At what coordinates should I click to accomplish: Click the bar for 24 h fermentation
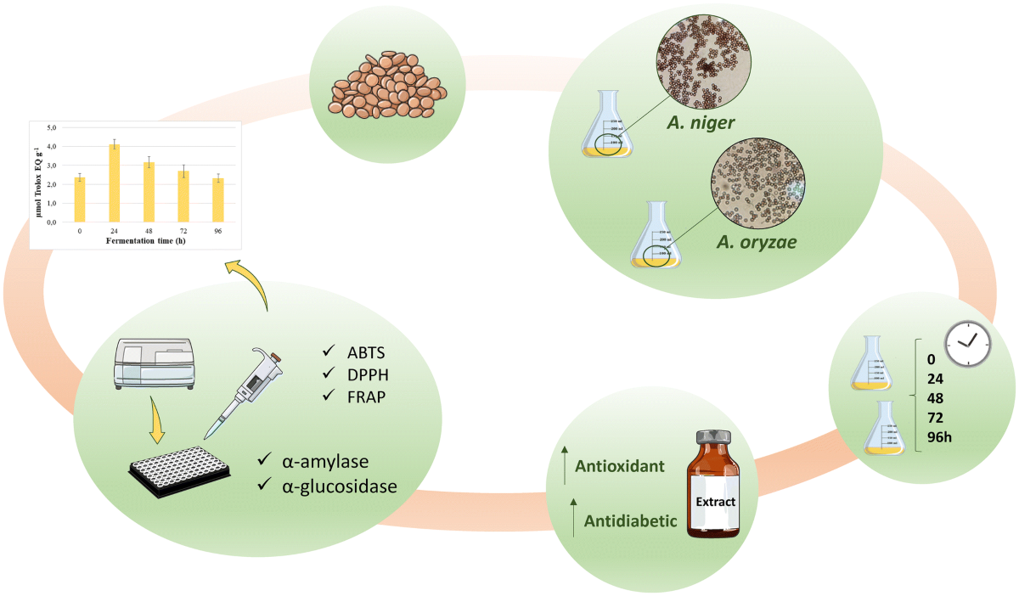[x=114, y=183]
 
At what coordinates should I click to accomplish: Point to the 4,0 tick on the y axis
[x=52, y=146]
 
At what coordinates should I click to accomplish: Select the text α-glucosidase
[x=340, y=486]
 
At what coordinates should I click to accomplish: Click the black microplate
[x=182, y=471]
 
